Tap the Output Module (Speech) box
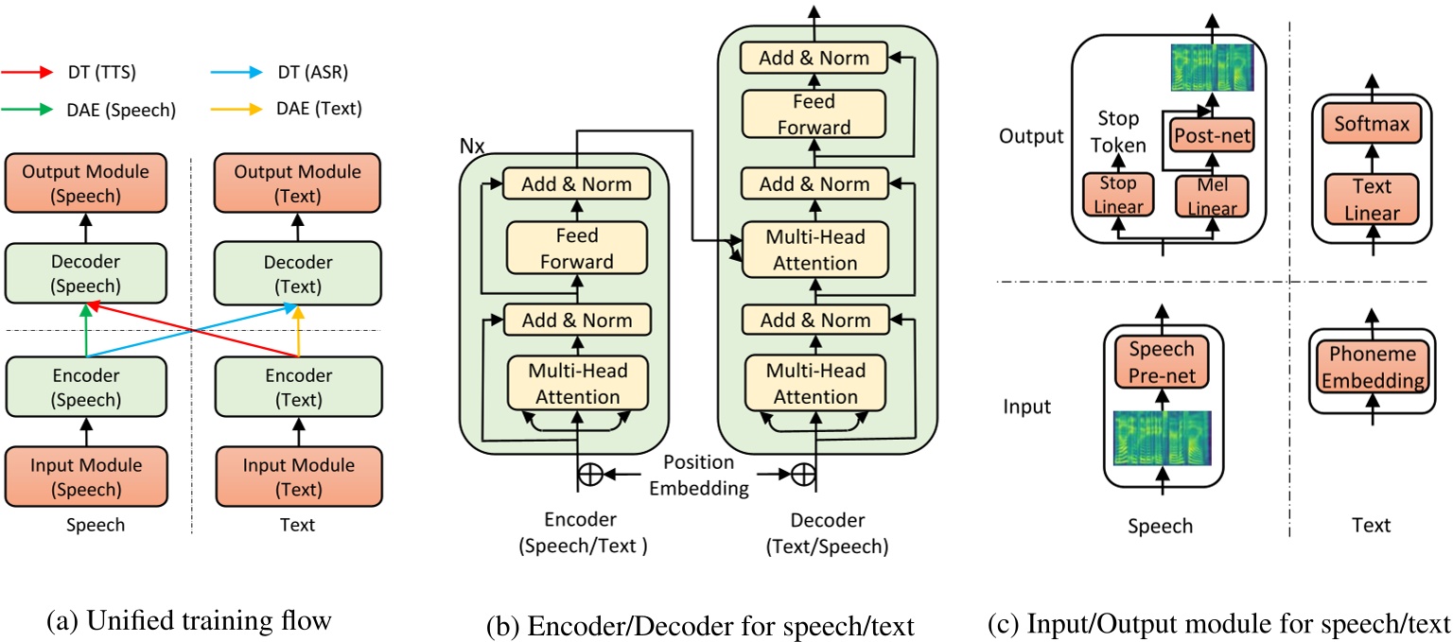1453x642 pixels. (x=85, y=183)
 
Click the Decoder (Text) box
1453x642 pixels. (x=297, y=273)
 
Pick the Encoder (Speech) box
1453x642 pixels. (x=85, y=387)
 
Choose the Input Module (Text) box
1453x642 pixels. (x=297, y=477)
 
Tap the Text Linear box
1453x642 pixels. (x=1372, y=200)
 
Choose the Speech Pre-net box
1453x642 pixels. (x=1162, y=360)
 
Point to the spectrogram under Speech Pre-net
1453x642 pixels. (x=1162, y=438)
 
